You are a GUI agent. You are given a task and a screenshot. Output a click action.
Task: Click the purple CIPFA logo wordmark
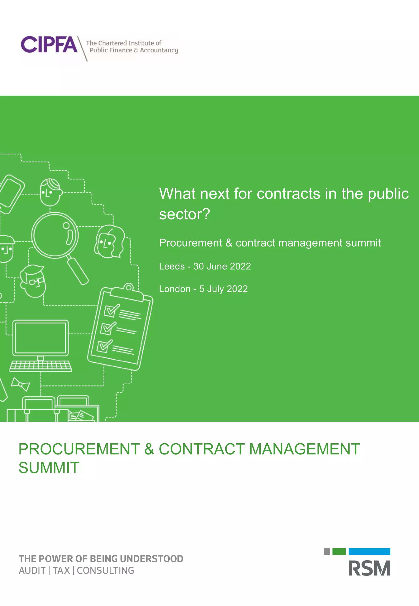[49, 44]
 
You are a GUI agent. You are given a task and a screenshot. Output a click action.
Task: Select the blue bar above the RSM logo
[369, 552]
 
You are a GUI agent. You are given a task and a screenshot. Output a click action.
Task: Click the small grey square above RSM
[327, 552]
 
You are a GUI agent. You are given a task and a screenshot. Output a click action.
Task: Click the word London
[175, 289]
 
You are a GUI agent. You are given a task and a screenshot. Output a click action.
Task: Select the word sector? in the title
[185, 214]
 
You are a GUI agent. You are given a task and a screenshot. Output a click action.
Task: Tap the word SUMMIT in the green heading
[49, 468]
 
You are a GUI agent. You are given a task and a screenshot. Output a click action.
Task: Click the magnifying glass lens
[55, 235]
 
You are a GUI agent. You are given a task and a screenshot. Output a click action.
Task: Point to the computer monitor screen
[41, 338]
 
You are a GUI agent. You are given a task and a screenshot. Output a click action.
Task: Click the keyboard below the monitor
[41, 366]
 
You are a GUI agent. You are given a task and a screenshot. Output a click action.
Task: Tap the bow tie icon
[20, 384]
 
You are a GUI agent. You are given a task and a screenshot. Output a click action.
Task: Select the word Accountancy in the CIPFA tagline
[159, 50]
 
